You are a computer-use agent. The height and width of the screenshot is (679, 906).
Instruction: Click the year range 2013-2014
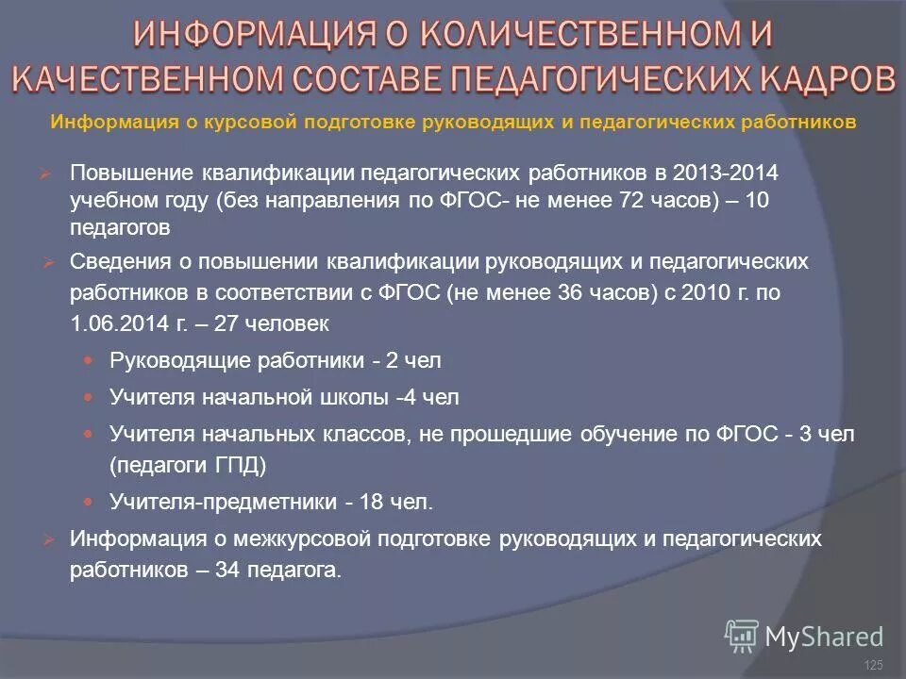click(724, 174)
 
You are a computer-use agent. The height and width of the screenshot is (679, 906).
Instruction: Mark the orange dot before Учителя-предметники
click(90, 502)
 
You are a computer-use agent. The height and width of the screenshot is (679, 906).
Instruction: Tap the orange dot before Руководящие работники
click(90, 359)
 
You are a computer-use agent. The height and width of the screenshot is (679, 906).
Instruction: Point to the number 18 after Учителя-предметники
click(371, 503)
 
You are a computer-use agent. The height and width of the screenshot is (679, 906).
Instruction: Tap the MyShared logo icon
click(741, 636)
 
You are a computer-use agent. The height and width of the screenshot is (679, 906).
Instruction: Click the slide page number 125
click(873, 666)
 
